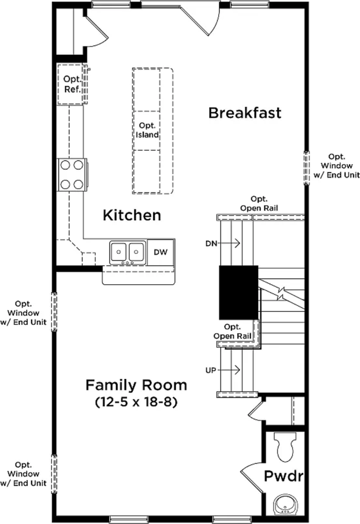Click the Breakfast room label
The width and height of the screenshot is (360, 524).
pyautogui.click(x=245, y=113)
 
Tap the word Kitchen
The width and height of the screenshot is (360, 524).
pyautogui.click(x=132, y=215)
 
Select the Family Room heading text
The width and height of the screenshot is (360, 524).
pyautogui.click(x=136, y=385)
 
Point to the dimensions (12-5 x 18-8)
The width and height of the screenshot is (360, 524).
pyautogui.click(x=136, y=402)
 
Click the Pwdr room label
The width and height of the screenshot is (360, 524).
pyautogui.click(x=284, y=476)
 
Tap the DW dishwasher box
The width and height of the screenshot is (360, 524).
pyautogui.click(x=161, y=252)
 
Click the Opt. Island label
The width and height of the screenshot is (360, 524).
pyautogui.click(x=147, y=130)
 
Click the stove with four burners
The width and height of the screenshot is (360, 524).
pyautogui.click(x=72, y=175)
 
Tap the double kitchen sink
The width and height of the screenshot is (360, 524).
pyautogui.click(x=127, y=253)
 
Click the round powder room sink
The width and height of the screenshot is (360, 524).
pyautogui.click(x=285, y=505)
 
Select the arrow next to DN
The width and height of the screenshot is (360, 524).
pyautogui.click(x=229, y=243)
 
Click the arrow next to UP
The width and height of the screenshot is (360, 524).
pyautogui.click(x=229, y=370)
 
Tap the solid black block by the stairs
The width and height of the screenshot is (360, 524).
pyautogui.click(x=238, y=293)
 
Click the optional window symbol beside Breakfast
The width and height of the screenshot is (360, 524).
pyautogui.click(x=307, y=168)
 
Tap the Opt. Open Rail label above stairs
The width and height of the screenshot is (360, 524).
pyautogui.click(x=259, y=204)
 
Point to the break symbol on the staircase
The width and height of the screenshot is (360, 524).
pyautogui.click(x=282, y=293)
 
